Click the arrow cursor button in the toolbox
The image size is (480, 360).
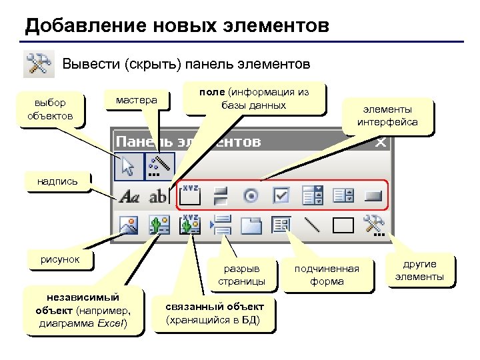(x=125, y=166)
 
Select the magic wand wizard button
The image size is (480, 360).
(x=159, y=166)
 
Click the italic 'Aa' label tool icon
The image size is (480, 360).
(x=128, y=197)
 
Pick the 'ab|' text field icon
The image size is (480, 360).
(x=159, y=197)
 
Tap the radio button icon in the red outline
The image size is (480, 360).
(x=251, y=196)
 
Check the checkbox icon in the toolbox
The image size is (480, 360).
(x=281, y=196)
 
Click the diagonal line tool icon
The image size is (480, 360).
(x=312, y=225)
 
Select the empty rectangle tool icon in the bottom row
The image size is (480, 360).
(x=343, y=225)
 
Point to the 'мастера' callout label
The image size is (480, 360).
(x=137, y=100)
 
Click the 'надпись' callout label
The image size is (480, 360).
(x=57, y=181)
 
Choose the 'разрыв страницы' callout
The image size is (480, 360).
(x=241, y=275)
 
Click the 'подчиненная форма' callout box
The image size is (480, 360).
(x=327, y=275)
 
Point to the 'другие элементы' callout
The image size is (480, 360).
(x=419, y=270)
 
